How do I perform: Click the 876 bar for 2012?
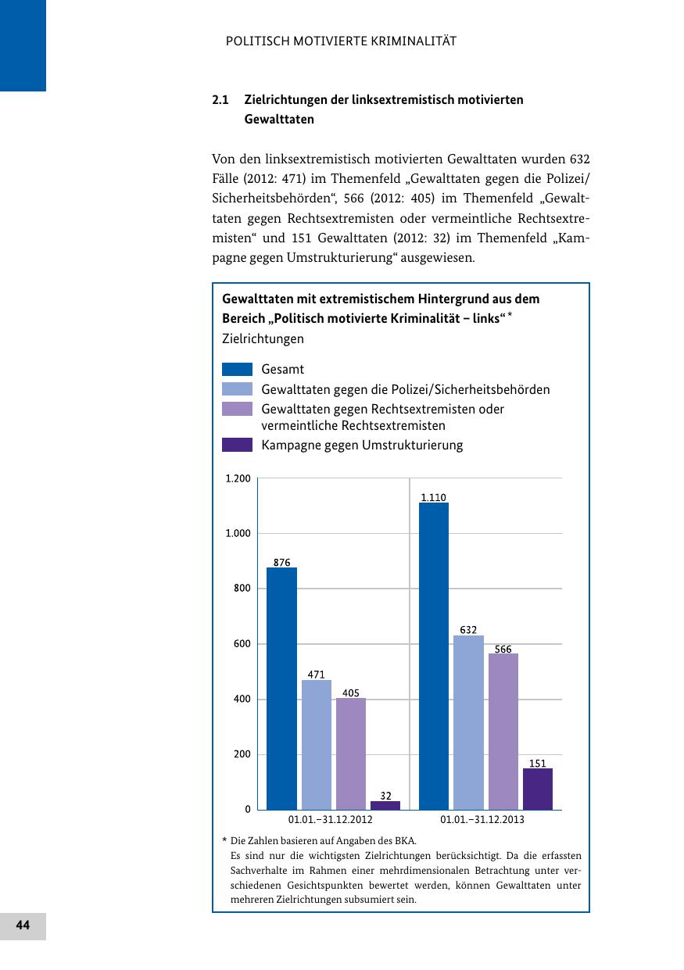pyautogui.click(x=281, y=688)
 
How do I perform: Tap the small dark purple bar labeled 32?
pyautogui.click(x=385, y=805)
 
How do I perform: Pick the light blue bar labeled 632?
pyautogui.click(x=468, y=722)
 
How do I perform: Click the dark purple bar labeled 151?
pyautogui.click(x=538, y=789)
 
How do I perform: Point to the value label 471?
pyautogui.click(x=317, y=674)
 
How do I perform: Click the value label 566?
pyautogui.click(x=503, y=650)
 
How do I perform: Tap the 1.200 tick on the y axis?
pyautogui.click(x=238, y=478)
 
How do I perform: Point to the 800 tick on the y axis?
pyautogui.click(x=242, y=589)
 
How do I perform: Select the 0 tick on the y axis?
pyautogui.click(x=248, y=810)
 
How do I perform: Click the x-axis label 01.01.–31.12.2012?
pyautogui.click(x=331, y=820)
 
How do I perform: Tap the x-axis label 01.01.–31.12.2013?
pyautogui.click(x=482, y=820)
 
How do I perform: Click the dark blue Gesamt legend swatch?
pyautogui.click(x=237, y=369)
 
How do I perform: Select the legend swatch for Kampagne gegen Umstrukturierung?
pyautogui.click(x=237, y=445)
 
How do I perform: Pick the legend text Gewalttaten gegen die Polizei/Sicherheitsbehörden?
pyautogui.click(x=405, y=389)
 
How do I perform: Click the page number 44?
pyautogui.click(x=23, y=925)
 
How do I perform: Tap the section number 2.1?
pyautogui.click(x=220, y=100)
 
